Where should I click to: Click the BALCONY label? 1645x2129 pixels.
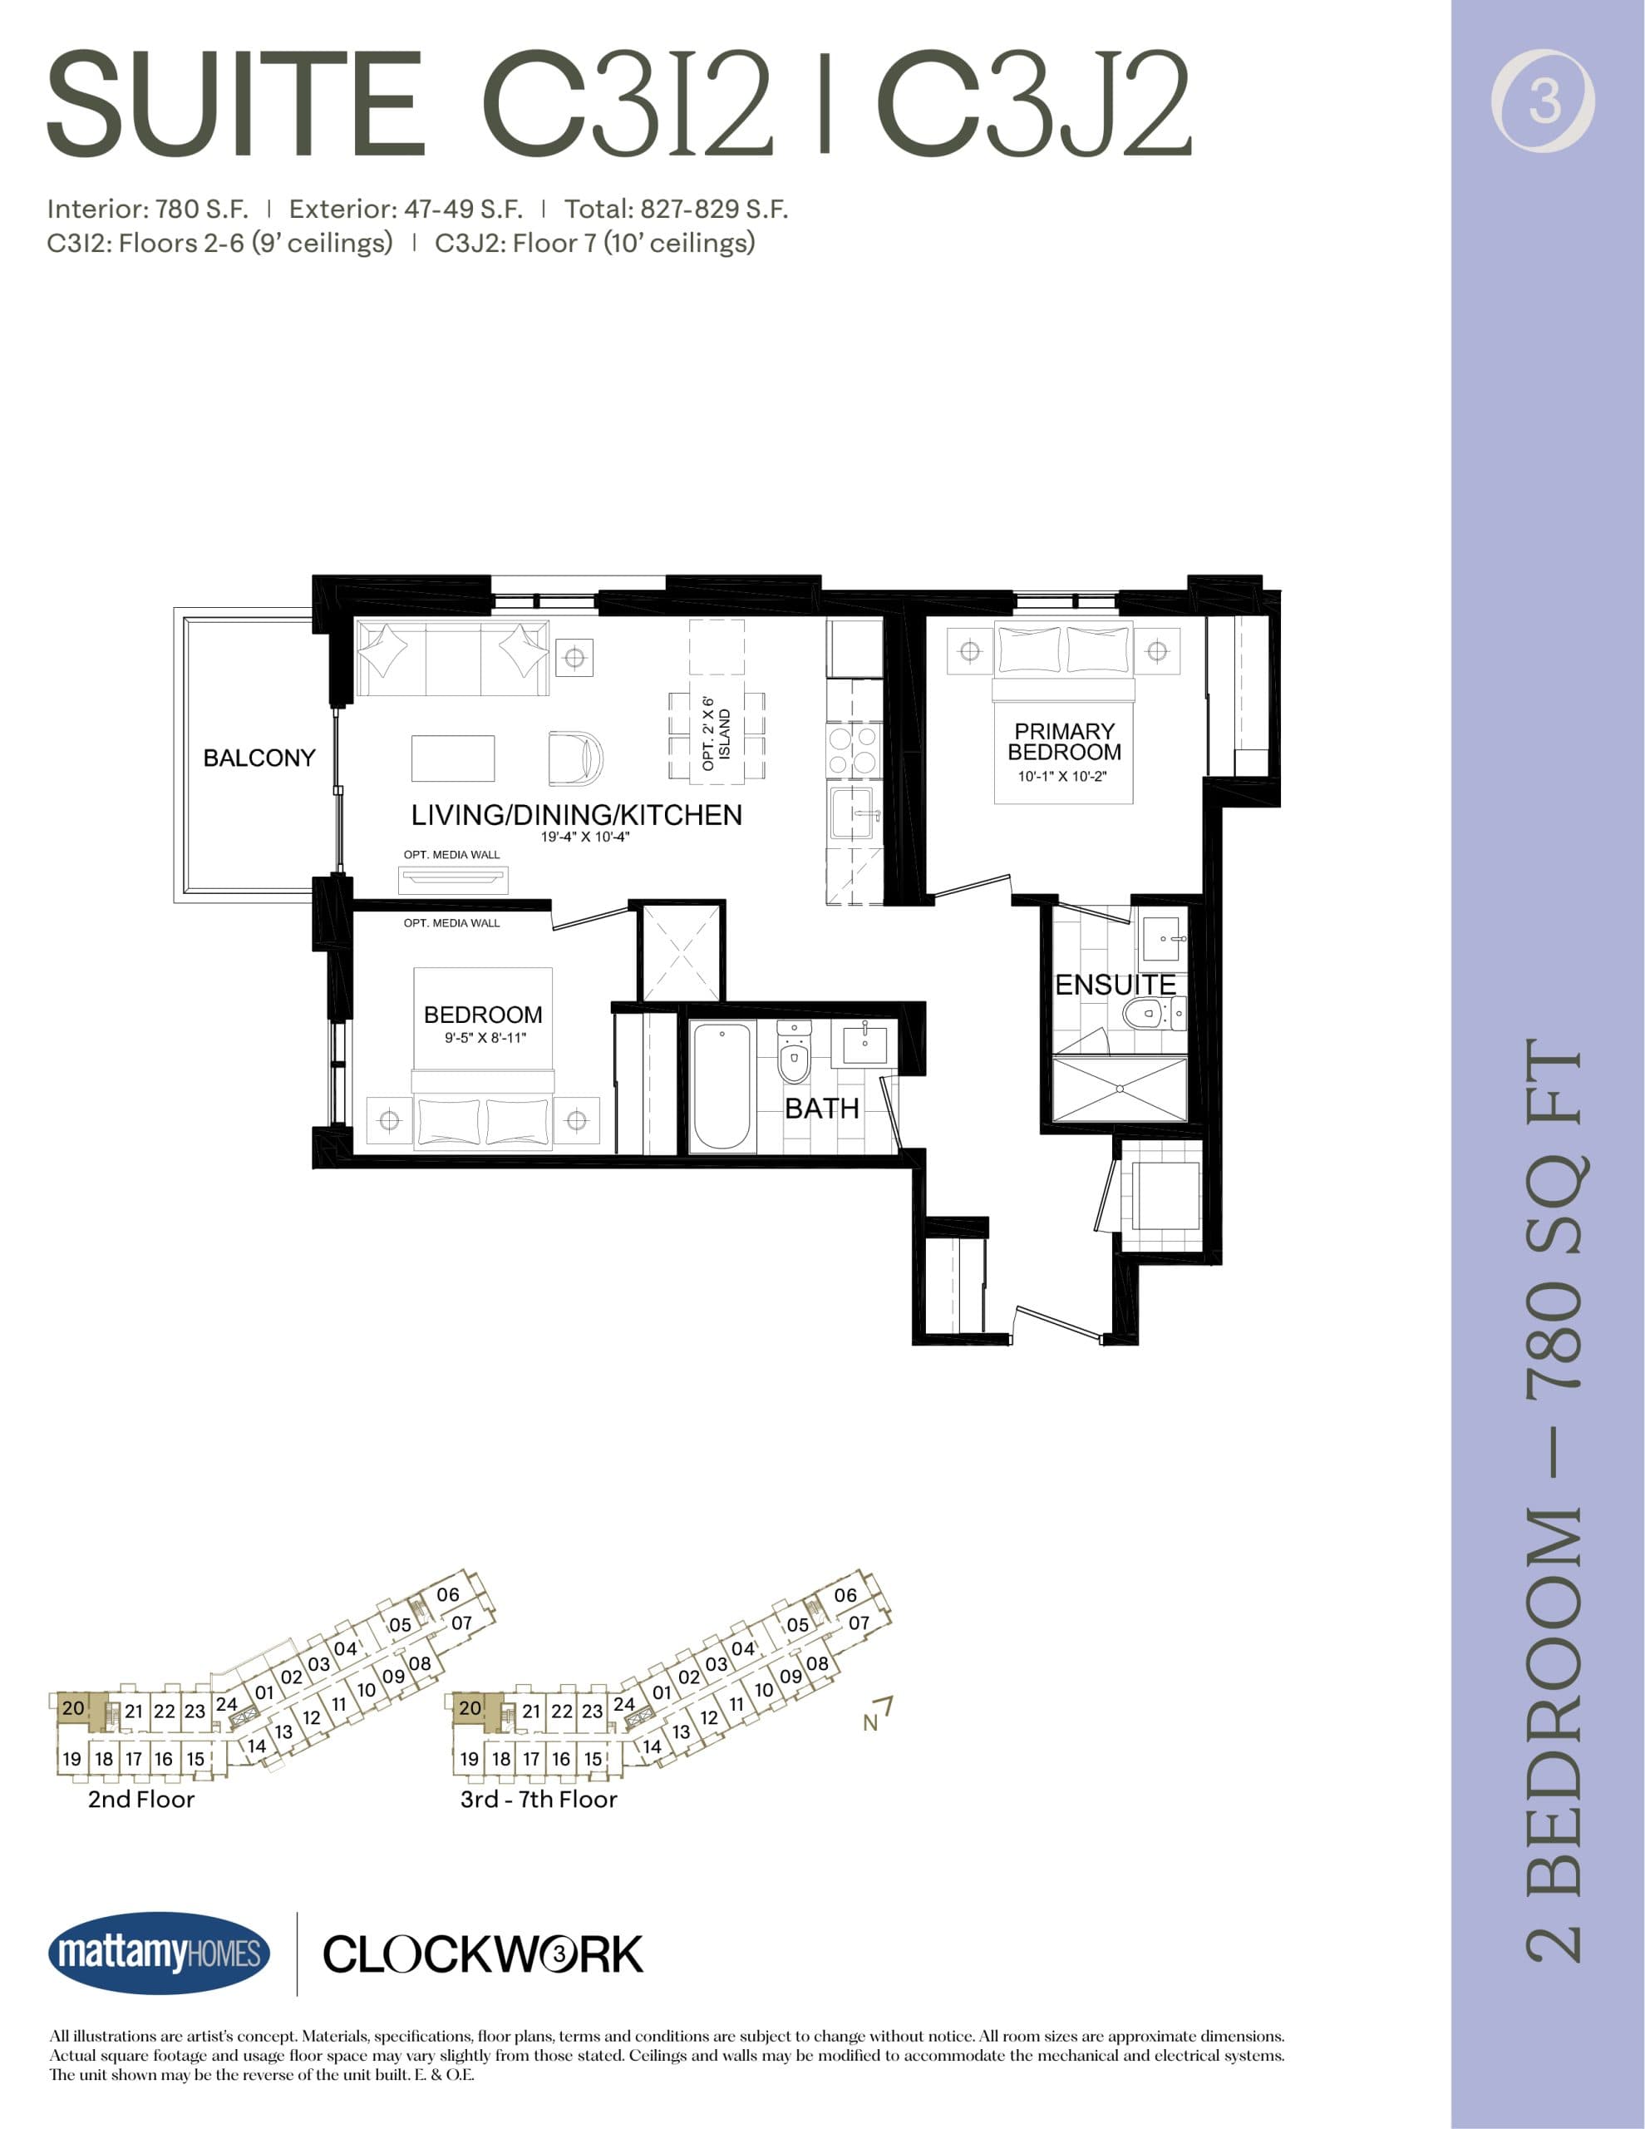(x=259, y=758)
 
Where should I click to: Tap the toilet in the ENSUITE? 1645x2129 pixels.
(x=1146, y=1013)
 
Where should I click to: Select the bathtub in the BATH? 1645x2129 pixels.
(x=722, y=1086)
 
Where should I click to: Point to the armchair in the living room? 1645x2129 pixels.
(x=574, y=758)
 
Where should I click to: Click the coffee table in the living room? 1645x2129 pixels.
(x=452, y=758)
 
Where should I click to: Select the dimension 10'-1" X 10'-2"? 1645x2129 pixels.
(x=1062, y=777)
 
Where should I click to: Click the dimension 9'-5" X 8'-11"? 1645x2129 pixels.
(x=485, y=1038)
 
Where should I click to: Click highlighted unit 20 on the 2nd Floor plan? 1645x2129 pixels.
(x=73, y=1708)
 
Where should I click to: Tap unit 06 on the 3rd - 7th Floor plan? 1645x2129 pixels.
(x=845, y=1595)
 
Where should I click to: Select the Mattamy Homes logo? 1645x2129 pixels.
(x=159, y=1954)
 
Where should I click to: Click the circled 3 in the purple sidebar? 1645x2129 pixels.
(x=1544, y=101)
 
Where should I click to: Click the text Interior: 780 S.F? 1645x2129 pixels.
(x=147, y=209)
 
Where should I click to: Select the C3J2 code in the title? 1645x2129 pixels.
(x=1033, y=104)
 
